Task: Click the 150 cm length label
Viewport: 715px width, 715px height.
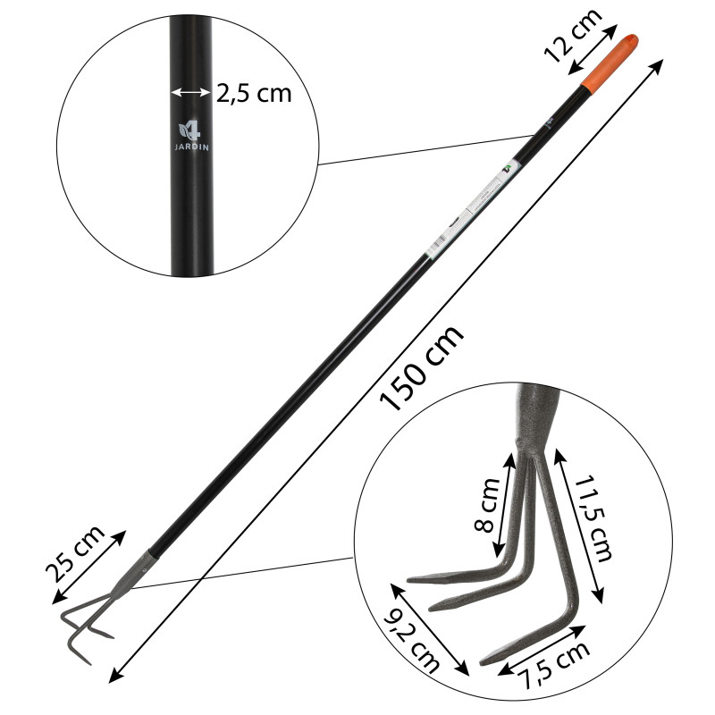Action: coord(422,367)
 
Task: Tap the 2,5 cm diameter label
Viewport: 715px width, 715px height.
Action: coord(254,92)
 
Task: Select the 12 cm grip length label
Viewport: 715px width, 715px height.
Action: coord(572,41)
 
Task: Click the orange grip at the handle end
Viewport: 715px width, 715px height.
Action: coord(611,63)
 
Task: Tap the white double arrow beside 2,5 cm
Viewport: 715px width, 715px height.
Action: coord(189,92)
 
